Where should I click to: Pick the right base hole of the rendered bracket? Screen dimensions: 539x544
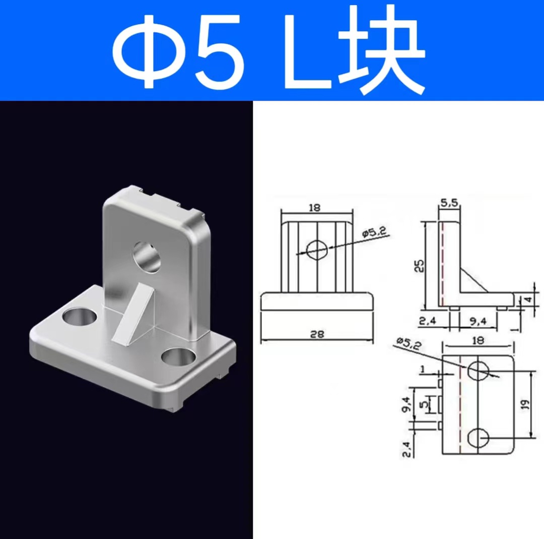click(x=178, y=359)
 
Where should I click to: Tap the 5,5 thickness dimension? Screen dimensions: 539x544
click(x=449, y=203)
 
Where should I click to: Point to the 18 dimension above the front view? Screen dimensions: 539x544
click(x=315, y=207)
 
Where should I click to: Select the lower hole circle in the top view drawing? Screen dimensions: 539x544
click(x=478, y=438)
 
